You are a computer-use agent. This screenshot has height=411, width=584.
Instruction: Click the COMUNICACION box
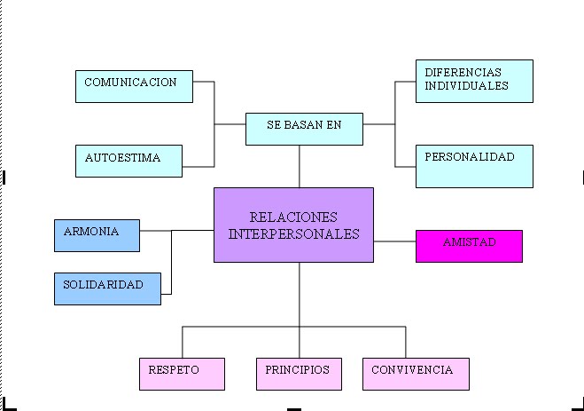(134, 86)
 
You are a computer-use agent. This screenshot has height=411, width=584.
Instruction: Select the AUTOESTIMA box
(128, 161)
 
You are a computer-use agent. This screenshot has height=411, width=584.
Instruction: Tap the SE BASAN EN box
(304, 129)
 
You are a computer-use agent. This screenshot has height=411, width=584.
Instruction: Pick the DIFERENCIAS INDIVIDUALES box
(474, 81)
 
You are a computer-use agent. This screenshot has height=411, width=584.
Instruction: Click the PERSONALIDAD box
(474, 166)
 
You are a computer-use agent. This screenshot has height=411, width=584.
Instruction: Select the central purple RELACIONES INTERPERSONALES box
(293, 225)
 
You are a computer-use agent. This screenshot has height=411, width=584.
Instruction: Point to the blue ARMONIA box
(97, 235)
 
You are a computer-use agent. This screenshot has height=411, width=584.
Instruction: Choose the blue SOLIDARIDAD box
(107, 288)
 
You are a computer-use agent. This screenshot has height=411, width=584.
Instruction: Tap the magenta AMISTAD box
(469, 246)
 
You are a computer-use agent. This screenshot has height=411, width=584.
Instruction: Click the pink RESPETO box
(182, 374)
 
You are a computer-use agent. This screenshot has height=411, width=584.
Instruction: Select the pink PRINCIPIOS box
(299, 374)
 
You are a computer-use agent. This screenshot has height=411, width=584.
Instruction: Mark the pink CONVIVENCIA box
(416, 374)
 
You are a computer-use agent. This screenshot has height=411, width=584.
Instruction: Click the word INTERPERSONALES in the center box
(293, 234)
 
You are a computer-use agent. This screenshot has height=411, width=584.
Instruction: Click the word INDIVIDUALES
(466, 86)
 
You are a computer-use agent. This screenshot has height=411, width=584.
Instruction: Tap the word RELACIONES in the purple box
(293, 217)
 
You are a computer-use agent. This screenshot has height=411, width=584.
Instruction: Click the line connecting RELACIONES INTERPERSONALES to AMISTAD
(394, 241)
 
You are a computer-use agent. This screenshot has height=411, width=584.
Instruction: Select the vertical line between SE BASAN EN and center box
(300, 166)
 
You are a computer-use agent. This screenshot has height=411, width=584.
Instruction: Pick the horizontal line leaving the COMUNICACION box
(203, 82)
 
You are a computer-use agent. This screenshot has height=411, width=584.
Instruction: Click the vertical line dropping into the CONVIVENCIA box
(406, 342)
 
